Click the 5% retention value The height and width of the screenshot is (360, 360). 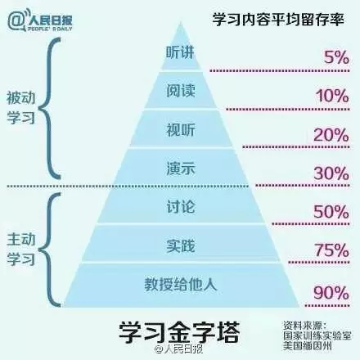(x=336, y=58)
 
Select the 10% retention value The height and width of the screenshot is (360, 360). (x=332, y=97)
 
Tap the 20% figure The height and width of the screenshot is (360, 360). (x=331, y=135)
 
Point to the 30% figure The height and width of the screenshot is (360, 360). (x=331, y=173)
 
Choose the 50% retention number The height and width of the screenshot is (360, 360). (x=331, y=212)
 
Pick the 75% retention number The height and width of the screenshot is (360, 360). (x=332, y=250)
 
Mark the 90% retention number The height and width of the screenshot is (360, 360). (x=331, y=293)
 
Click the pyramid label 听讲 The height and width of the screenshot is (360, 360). (x=180, y=52)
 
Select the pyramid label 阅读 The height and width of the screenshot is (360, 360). (x=181, y=90)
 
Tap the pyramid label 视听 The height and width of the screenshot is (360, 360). (x=181, y=129)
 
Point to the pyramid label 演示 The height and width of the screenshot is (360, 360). (x=181, y=169)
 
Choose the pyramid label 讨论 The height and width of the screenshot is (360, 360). (x=181, y=207)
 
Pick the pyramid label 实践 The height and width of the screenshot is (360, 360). (x=181, y=245)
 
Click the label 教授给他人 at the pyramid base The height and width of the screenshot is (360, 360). (x=181, y=285)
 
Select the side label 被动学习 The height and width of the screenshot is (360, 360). (x=21, y=108)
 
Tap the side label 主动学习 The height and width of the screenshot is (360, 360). (x=21, y=249)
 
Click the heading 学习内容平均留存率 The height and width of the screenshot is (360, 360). (x=278, y=20)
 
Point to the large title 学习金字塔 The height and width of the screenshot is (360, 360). (x=179, y=332)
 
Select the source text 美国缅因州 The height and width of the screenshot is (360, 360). (x=307, y=346)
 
